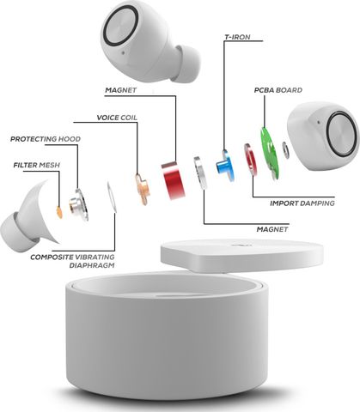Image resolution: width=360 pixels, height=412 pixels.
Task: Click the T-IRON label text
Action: coord(237,37)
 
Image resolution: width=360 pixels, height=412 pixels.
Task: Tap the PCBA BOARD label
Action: coord(278,90)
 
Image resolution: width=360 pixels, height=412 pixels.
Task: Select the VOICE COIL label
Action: coord(117,118)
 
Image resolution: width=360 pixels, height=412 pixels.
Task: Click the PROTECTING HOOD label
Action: coord(46,139)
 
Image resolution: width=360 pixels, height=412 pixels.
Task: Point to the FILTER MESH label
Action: coord(37,165)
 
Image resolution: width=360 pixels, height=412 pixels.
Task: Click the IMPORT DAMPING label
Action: coord(302,203)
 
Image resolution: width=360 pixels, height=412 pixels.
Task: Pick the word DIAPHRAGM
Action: coord(92,265)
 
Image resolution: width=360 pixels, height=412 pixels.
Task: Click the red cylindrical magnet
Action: coord(173,180)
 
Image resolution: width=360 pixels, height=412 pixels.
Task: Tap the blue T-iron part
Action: coord(225,166)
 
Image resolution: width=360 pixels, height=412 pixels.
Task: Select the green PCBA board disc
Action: coord(269,153)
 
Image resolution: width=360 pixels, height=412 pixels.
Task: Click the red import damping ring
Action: coord(249,159)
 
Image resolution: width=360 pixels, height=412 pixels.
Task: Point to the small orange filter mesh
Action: coord(59,212)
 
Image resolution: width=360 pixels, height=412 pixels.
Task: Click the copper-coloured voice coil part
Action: coord(143,190)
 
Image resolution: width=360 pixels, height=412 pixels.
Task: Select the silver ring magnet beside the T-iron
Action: coord(200,173)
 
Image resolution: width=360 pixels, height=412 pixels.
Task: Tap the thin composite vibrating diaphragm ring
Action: coord(112,197)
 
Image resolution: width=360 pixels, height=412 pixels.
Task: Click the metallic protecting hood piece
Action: coord(78,204)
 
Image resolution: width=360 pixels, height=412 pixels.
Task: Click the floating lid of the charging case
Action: coord(242,256)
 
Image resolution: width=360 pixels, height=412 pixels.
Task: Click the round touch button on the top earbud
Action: coord(120,25)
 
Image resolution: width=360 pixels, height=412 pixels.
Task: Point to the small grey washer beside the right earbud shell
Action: coord(285,150)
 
